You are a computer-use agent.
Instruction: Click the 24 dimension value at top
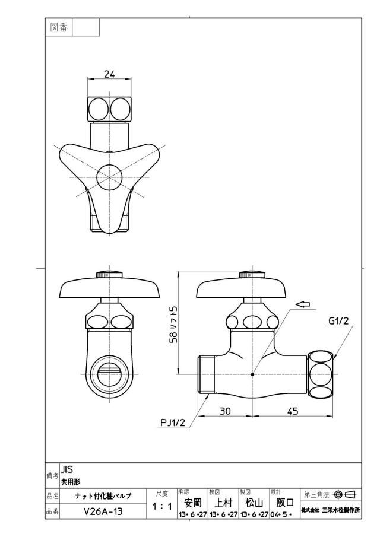coord(109,74)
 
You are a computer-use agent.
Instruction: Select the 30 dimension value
coord(225,411)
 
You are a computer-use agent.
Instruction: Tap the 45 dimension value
coord(292,411)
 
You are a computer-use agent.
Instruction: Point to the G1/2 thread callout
coord(338,321)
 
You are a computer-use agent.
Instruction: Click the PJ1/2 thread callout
coord(173,422)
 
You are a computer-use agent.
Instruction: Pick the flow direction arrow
coord(303,304)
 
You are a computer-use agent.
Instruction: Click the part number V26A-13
coord(103,511)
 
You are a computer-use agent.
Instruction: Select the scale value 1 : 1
coord(161,507)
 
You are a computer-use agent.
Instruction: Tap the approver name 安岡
coord(193,503)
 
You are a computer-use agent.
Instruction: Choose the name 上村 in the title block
coord(223,503)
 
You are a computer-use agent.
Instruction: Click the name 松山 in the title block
coord(254,503)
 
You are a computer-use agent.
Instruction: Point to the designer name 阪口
coord(285,503)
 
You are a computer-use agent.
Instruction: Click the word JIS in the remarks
coord(67,470)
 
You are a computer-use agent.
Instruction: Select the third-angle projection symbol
coord(346,494)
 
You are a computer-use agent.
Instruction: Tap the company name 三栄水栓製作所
coord(341,510)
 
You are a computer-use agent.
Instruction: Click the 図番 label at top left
coord(59,27)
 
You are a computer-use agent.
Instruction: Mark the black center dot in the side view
coord(252,374)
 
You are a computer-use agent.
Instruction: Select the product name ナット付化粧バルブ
coord(103,496)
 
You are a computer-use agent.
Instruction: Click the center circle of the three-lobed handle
coord(109,177)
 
